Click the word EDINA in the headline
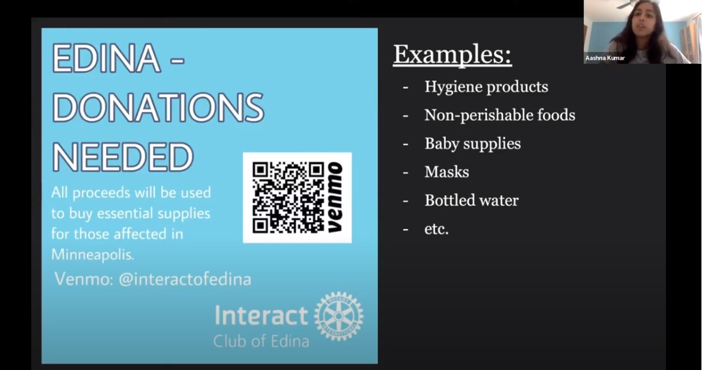[106, 58]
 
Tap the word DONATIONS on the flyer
[158, 107]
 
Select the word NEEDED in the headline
[123, 157]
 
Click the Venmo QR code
[288, 198]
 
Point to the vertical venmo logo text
[335, 197]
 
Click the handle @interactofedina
[185, 279]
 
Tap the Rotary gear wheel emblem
[339, 316]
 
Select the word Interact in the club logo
[261, 315]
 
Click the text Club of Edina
[261, 341]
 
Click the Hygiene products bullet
[486, 87]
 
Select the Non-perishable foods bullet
[499, 115]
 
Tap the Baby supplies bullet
[473, 143]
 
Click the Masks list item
[447, 172]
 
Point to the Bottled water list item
[471, 200]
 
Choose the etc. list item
[436, 229]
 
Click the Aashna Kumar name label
[605, 58]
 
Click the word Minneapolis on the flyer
[92, 254]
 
